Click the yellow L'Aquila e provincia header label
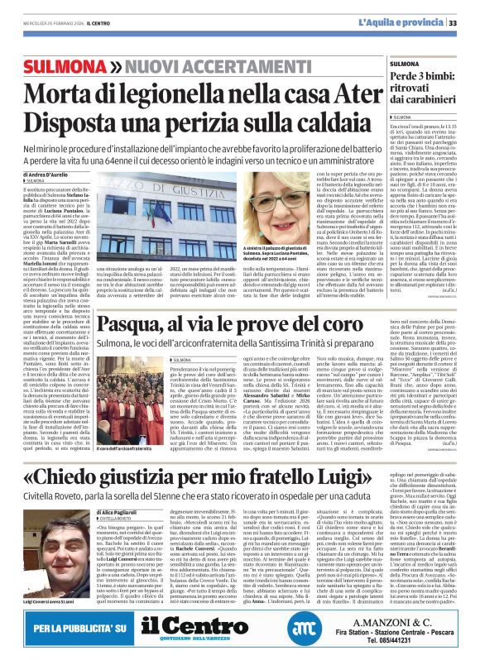coord(411,22)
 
